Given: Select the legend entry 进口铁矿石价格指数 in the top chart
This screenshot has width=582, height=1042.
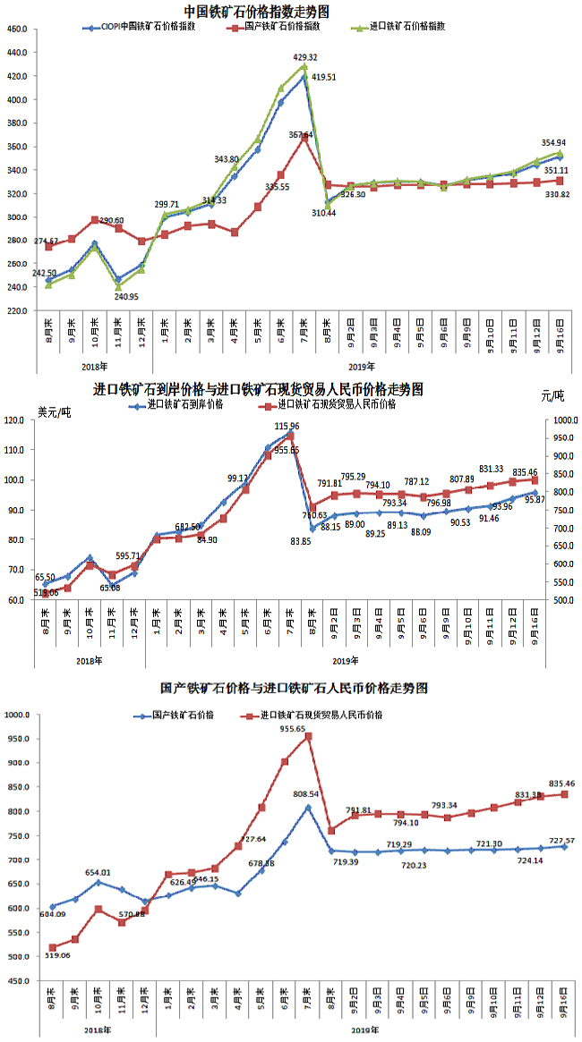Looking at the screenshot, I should pyautogui.click(x=407, y=28).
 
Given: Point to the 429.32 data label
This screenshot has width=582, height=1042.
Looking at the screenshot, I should pyautogui.click(x=305, y=57).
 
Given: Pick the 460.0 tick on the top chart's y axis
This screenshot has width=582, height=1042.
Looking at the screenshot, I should pyautogui.click(x=16, y=30).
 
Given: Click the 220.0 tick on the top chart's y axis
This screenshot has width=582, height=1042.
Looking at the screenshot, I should pyautogui.click(x=16, y=310).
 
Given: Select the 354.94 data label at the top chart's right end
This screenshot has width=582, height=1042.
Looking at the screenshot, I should pyautogui.click(x=552, y=143).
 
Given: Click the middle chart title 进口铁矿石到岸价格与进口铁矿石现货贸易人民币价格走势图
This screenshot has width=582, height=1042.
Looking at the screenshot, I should pyautogui.click(x=258, y=390).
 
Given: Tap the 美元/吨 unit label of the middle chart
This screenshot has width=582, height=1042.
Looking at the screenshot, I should pyautogui.click(x=55, y=411).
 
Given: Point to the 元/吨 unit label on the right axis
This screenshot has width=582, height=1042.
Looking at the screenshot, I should pyautogui.click(x=552, y=395).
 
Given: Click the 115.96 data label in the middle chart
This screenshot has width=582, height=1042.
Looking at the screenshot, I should pyautogui.click(x=287, y=427).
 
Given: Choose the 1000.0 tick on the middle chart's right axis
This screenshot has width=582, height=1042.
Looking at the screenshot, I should pyautogui.click(x=562, y=420).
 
